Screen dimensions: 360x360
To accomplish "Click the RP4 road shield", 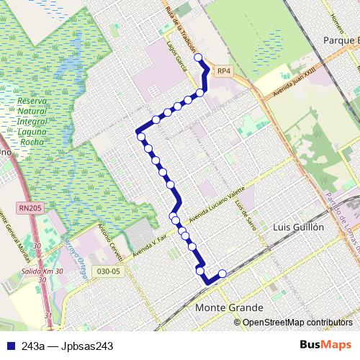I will (224, 71).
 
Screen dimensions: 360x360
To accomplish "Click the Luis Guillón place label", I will (300, 226).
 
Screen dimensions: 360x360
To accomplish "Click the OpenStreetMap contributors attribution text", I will (297, 323).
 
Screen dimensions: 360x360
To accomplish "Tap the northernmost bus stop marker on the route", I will (199, 56).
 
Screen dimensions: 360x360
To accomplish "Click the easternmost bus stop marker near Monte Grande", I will (222, 274).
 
